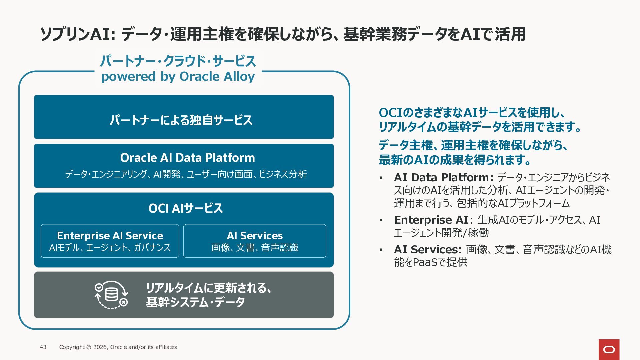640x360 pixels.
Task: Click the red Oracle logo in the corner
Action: (609, 350)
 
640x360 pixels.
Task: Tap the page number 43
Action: (43, 347)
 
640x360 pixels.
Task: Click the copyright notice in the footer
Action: (118, 347)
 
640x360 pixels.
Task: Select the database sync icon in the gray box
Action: (111, 295)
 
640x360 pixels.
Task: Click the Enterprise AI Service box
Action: (110, 241)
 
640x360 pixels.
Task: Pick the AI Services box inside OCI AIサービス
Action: (255, 241)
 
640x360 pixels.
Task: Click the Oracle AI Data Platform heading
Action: (187, 158)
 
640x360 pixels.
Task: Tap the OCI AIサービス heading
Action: (185, 208)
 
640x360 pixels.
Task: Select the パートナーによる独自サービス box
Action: (184, 117)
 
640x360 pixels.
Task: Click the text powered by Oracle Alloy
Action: (178, 77)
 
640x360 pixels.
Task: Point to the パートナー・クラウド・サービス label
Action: (178, 61)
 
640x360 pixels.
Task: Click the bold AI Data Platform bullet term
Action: (444, 177)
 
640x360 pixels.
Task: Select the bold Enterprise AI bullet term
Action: (431, 220)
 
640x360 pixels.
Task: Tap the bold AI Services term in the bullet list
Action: (426, 249)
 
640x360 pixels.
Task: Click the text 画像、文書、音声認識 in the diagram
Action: (255, 248)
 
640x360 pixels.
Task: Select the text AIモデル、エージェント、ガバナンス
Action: (110, 248)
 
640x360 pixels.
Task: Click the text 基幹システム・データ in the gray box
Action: (195, 302)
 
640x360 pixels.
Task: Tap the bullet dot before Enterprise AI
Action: (381, 221)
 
